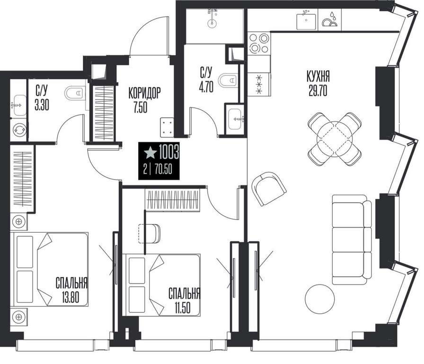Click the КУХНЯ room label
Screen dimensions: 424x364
(x=318, y=76)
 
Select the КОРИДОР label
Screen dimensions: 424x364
(x=144, y=93)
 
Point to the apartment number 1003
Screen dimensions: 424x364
(x=169, y=152)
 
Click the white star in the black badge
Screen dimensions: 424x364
(x=150, y=153)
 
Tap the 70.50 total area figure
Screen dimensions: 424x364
(x=163, y=170)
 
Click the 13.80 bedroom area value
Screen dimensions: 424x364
(x=70, y=298)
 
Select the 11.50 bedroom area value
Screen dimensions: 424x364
(x=182, y=308)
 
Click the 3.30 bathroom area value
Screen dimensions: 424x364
(x=42, y=105)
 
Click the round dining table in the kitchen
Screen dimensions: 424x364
(x=335, y=139)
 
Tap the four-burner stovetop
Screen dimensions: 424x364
(x=259, y=43)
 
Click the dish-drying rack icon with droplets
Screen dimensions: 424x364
(x=329, y=20)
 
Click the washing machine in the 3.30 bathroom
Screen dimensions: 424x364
(x=19, y=130)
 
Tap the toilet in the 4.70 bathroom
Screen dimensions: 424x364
(x=229, y=80)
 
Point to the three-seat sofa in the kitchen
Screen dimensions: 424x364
(x=352, y=239)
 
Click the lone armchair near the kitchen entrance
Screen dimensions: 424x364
(x=269, y=188)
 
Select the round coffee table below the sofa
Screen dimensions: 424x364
(x=319, y=299)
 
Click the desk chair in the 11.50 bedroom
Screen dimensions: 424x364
(x=149, y=234)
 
